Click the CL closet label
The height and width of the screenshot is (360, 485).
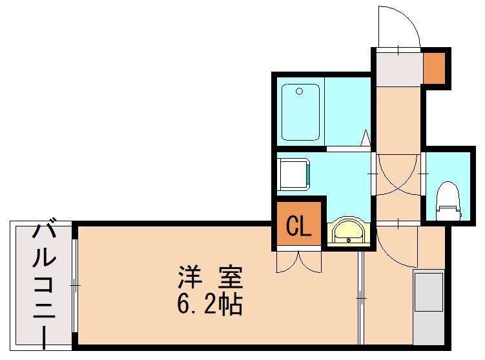pos(298,225)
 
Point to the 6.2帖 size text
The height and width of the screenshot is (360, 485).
pos(210,304)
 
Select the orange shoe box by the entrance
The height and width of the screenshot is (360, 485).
pos(434,67)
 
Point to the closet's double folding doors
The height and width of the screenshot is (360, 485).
pos(298,260)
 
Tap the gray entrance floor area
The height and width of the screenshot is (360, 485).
pos(397,70)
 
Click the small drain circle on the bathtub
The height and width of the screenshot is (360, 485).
pos(299,92)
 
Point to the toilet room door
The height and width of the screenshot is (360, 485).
pos(424,174)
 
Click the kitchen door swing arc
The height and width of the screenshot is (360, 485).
pos(394,248)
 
